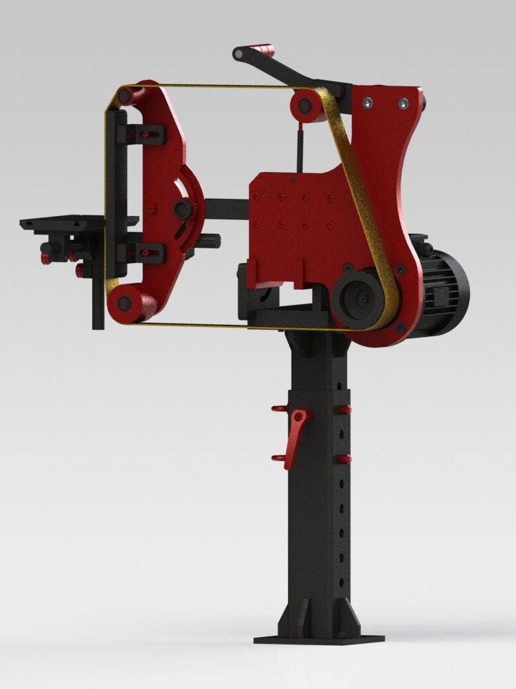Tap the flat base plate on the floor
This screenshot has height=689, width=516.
click(319, 639)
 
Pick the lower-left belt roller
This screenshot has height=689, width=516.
click(124, 304)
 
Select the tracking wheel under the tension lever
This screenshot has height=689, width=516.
click(306, 105)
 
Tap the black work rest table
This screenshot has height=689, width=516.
click(63, 223)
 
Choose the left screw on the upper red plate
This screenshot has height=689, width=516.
click(366, 102)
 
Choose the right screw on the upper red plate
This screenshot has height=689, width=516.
click(402, 103)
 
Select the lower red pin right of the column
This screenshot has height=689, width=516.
click(344, 459)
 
